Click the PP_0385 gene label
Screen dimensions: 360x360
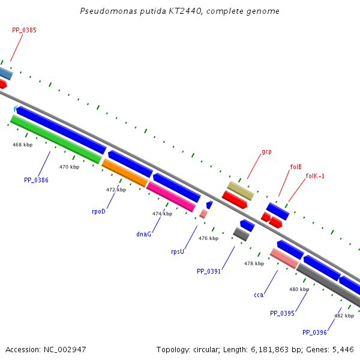click(x=24, y=30)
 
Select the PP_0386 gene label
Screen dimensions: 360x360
click(x=36, y=180)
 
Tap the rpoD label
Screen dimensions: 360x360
click(x=98, y=211)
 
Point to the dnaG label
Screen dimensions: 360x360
click(x=143, y=234)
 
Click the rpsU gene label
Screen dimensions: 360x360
click(x=178, y=252)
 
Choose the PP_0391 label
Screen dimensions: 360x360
click(x=209, y=271)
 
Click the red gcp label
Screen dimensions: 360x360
click(x=266, y=152)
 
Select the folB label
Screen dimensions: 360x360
click(x=296, y=166)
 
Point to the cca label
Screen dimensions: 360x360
click(x=259, y=295)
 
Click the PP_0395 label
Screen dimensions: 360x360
click(x=282, y=313)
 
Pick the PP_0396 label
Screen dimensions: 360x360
click(x=314, y=332)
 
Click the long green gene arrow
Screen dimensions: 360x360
click(x=56, y=139)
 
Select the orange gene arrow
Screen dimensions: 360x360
click(x=125, y=172)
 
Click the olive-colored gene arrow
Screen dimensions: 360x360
click(x=240, y=191)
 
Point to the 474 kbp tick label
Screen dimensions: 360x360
click(x=162, y=214)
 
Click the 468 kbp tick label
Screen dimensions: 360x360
click(x=23, y=145)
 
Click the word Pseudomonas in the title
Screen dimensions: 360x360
click(x=104, y=11)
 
